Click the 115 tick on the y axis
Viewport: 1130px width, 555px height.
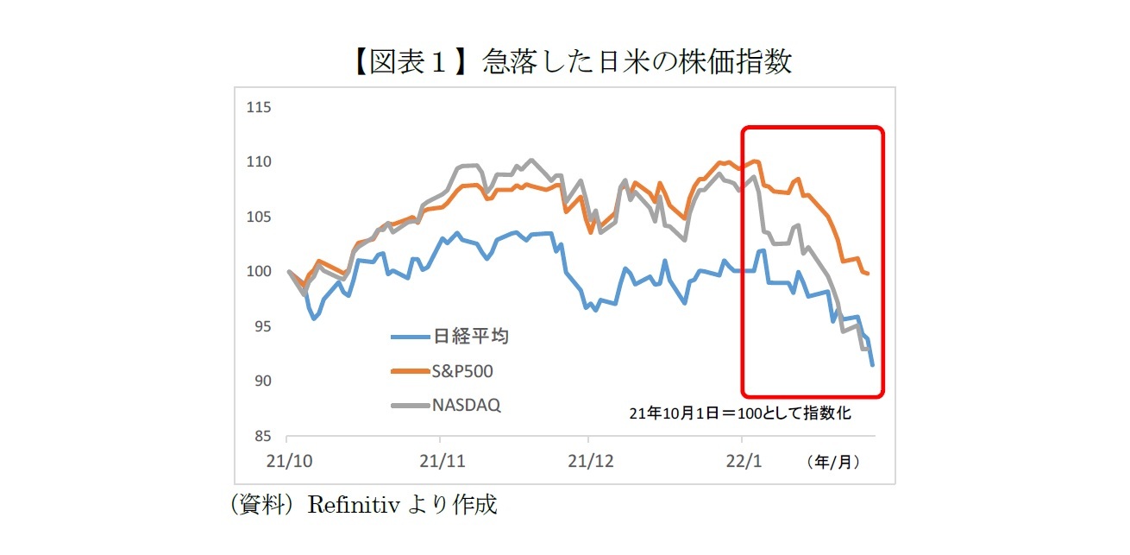[259, 107]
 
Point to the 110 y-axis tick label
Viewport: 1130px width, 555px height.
[259, 162]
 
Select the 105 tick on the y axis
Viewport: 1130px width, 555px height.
[259, 217]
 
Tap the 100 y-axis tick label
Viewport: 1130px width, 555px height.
[259, 272]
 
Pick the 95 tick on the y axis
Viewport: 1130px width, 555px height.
[261, 326]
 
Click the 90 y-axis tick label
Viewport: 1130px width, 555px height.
[261, 381]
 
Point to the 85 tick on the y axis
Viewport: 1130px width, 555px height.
[261, 436]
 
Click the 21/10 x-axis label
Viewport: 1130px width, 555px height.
[288, 462]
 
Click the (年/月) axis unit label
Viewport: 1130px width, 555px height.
[833, 463]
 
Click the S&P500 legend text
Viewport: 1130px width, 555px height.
[466, 371]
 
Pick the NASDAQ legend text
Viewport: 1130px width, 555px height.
[467, 405]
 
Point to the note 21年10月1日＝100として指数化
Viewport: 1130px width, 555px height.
[740, 413]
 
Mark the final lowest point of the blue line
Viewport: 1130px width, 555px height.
[872, 365]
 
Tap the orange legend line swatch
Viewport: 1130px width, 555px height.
[409, 371]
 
